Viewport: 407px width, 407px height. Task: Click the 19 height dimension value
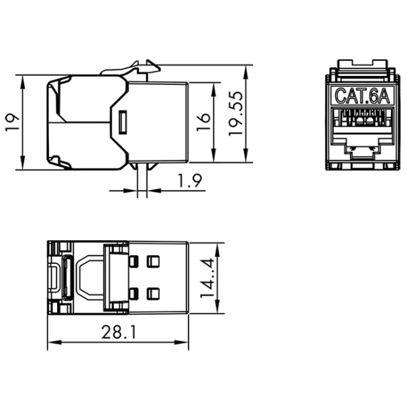coord(12,122)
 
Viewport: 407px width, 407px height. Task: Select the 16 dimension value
coord(203,122)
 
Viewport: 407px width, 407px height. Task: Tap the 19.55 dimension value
coord(235,115)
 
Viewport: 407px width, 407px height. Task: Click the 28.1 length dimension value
coord(116,334)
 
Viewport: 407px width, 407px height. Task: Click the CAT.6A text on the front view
coord(362,96)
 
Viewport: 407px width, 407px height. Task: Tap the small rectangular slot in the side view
coord(122,123)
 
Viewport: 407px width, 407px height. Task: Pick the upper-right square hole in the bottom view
coord(153,261)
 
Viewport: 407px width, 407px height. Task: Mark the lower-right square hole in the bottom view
coord(153,293)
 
